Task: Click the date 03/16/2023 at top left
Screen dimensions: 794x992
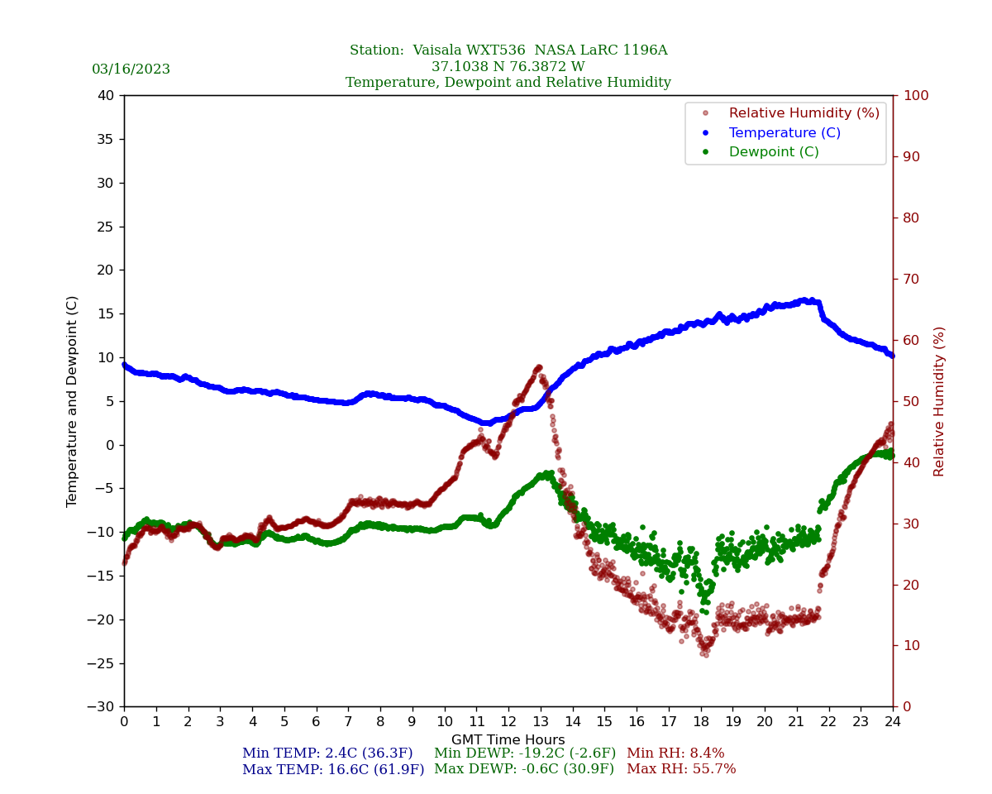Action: [x=131, y=69]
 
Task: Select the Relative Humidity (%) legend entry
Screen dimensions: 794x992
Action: [x=804, y=113]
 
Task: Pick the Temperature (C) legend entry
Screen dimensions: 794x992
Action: [x=784, y=133]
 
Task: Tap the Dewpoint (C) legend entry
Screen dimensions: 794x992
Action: [x=773, y=152]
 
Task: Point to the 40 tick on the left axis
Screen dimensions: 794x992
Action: [x=105, y=95]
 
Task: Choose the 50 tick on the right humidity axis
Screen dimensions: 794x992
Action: [x=911, y=401]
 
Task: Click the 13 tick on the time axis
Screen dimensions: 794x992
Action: [x=541, y=722]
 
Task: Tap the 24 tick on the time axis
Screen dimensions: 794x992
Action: [x=893, y=722]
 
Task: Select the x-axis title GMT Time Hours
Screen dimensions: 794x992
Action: [x=508, y=740]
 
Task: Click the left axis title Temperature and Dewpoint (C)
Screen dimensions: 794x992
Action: [x=73, y=401]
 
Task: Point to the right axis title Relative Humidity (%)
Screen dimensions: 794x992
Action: [x=939, y=401]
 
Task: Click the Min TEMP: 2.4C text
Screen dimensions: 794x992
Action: [x=327, y=753]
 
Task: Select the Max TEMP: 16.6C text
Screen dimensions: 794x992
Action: [x=333, y=769]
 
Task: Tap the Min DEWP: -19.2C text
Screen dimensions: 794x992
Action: [x=525, y=753]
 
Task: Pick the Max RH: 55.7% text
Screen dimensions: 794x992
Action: [x=681, y=769]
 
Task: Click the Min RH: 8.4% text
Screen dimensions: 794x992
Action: [x=675, y=753]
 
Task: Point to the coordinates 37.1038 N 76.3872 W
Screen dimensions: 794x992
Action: [x=508, y=67]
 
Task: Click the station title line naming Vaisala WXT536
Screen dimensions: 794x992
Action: [x=508, y=50]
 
